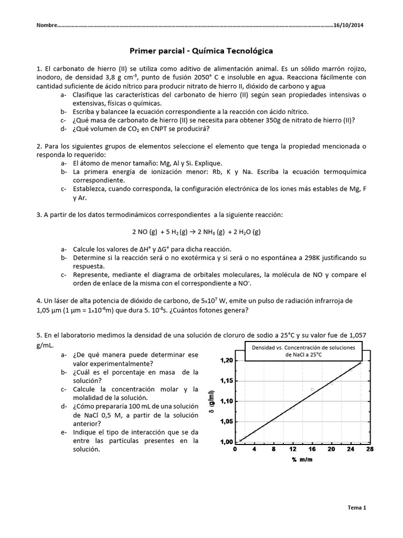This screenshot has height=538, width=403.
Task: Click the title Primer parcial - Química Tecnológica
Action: pos(201,51)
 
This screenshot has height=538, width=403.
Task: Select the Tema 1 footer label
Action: pos(357,508)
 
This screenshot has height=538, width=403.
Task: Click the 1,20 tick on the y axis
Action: pos(224,360)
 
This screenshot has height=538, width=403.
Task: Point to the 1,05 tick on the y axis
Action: pos(224,421)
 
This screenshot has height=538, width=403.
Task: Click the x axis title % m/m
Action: pos(302,460)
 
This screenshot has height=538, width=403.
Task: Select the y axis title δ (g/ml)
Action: pos(211,402)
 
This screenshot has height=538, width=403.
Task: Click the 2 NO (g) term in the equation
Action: pos(144,232)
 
